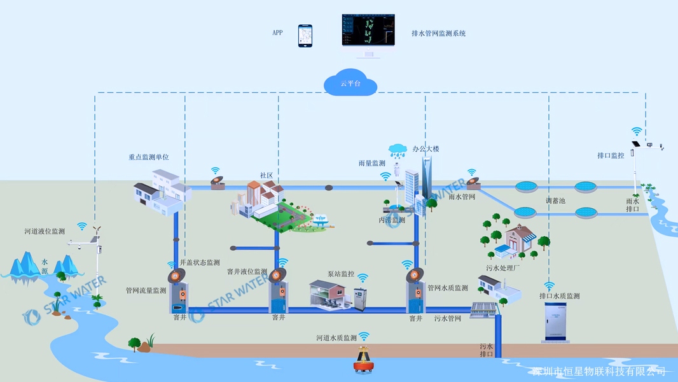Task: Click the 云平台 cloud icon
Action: tap(350, 83)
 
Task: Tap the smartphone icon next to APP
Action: tap(306, 35)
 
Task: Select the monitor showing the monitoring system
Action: tap(368, 32)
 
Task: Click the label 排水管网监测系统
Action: tap(439, 33)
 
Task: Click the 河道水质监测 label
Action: tap(336, 338)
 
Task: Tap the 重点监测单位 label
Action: tap(148, 157)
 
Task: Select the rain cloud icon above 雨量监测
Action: tap(399, 151)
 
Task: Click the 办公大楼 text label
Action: tap(425, 148)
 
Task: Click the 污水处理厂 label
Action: tap(503, 268)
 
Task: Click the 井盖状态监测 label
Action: tap(200, 262)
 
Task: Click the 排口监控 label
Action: tap(611, 155)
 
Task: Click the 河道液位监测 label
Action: tap(45, 231)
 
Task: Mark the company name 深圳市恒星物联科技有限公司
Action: tap(598, 371)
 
